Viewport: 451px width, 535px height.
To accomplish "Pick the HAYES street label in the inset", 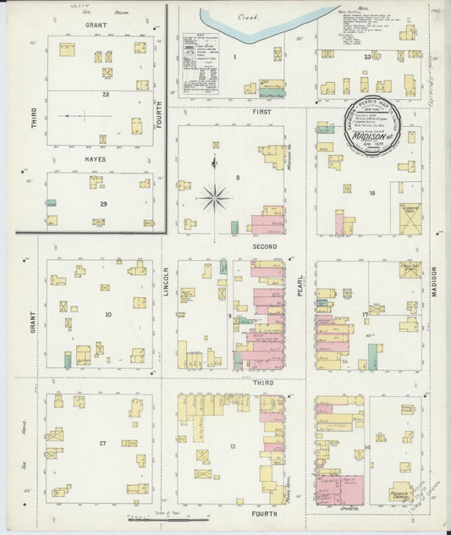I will coord(95,158).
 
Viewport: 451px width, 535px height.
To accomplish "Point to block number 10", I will coord(107,314).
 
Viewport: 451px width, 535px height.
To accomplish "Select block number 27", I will coord(102,444).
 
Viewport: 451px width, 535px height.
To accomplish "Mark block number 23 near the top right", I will coord(367,57).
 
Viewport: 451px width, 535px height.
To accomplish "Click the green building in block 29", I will coord(52,204).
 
